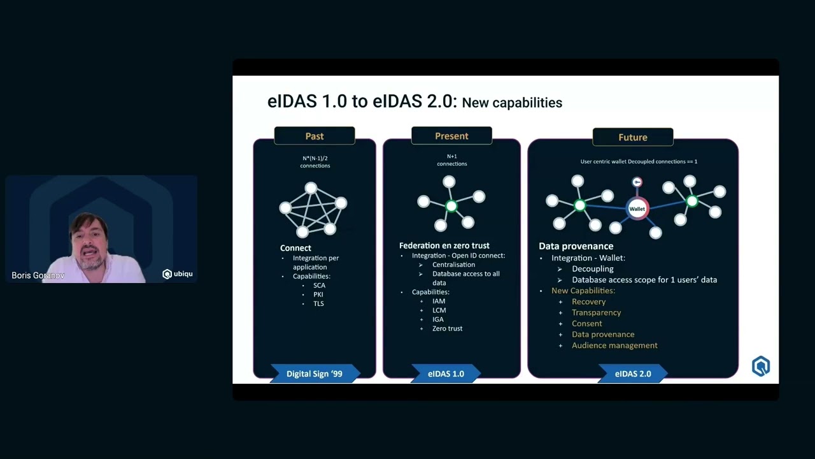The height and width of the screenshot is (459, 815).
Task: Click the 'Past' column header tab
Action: [x=315, y=136]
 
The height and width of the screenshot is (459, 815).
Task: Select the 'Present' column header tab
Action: [x=451, y=136]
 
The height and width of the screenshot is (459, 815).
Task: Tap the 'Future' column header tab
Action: [x=632, y=137]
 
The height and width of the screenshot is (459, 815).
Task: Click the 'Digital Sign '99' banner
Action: [x=315, y=374]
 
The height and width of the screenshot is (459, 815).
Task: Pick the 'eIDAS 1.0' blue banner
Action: [x=446, y=374]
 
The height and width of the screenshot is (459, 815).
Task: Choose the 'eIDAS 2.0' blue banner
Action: [x=633, y=374]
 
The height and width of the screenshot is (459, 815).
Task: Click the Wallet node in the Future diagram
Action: [x=637, y=208]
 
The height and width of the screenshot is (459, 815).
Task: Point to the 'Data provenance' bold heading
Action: [x=576, y=246]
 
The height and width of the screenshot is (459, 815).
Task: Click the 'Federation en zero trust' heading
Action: [x=444, y=245]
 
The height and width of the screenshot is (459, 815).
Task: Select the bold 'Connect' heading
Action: [x=295, y=248]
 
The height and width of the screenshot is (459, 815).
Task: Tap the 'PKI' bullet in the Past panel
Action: [x=318, y=295]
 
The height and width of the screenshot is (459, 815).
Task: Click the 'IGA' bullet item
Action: [x=438, y=319]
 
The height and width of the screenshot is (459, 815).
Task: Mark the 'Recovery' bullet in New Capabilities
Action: [x=588, y=302]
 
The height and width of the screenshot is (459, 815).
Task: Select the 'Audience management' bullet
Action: [x=614, y=346]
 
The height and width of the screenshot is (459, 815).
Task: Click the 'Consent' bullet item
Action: [x=586, y=323]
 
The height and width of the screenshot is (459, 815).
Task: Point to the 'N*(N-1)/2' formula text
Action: [x=315, y=157]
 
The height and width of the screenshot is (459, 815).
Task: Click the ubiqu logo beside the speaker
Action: [x=178, y=274]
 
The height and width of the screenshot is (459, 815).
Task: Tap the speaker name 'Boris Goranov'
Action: [x=38, y=275]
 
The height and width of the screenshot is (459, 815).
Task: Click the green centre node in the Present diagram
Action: [x=451, y=206]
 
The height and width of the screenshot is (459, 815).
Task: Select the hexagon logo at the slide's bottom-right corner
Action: [x=760, y=366]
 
